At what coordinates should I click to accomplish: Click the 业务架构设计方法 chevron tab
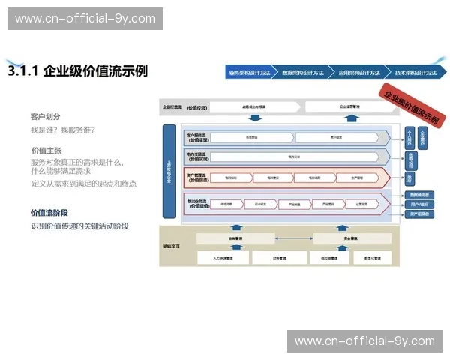point(250,73)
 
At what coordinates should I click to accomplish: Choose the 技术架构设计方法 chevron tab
point(414,73)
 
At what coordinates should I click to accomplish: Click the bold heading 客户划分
point(45,117)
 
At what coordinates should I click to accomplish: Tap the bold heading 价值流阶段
point(49,212)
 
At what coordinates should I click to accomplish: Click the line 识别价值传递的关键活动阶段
point(79,226)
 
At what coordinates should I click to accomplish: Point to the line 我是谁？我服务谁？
point(62,130)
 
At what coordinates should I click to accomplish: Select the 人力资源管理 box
point(220,257)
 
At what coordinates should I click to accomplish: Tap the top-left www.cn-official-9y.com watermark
point(85,19)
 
